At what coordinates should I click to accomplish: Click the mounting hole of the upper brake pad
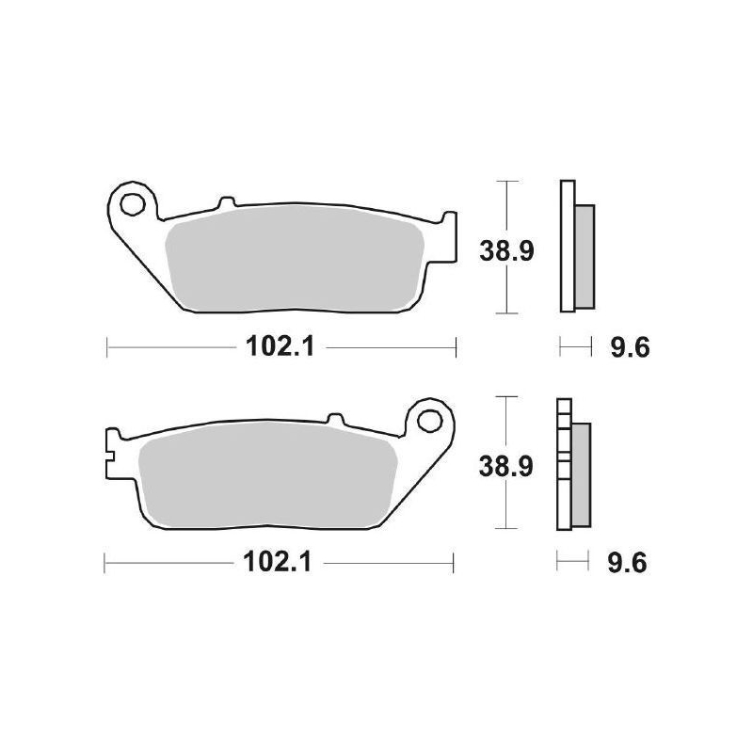(132, 201)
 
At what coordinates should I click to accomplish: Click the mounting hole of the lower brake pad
(434, 417)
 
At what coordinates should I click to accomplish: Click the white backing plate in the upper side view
(566, 245)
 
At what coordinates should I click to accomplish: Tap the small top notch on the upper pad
(225, 202)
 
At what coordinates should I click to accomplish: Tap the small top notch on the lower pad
(334, 416)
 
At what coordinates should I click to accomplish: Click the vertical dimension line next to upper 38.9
(507, 282)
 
